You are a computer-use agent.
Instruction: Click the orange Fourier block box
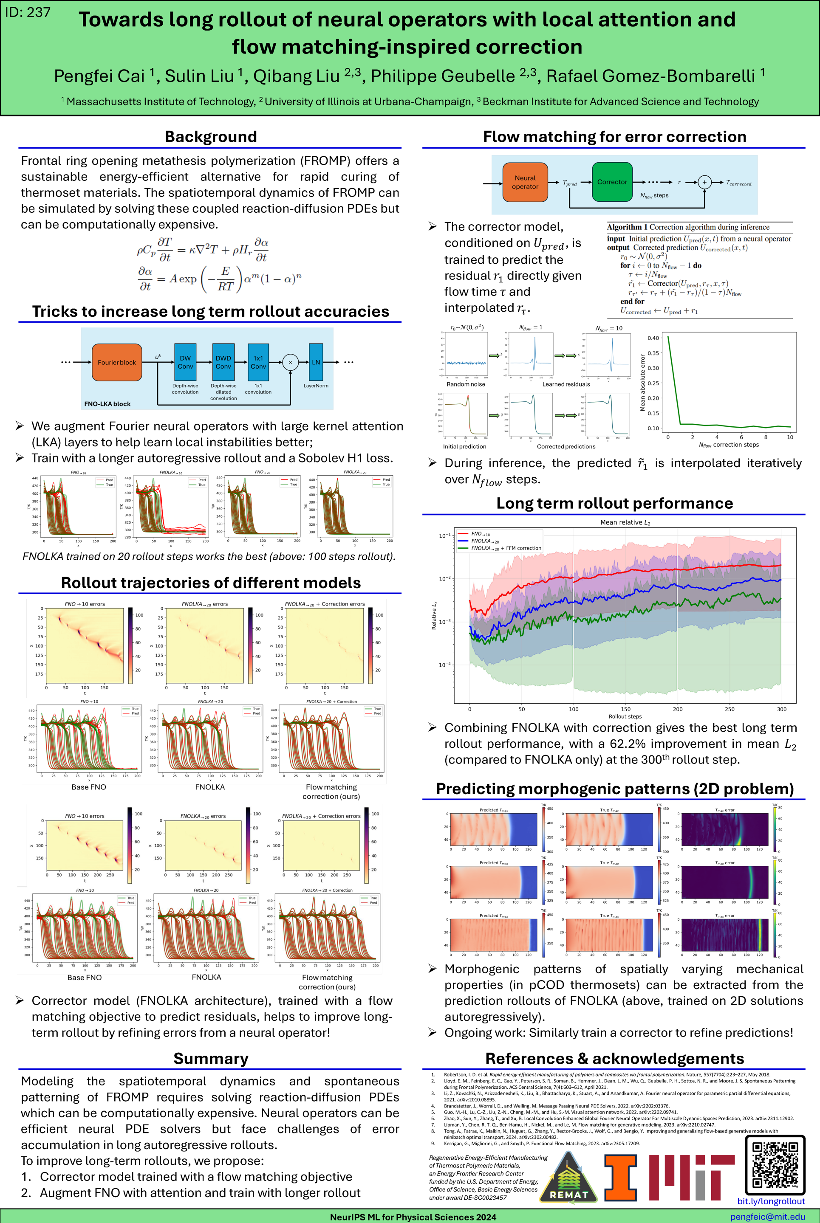[x=116, y=362]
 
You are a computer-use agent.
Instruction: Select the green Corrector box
[x=612, y=182]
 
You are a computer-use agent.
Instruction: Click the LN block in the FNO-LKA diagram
[x=316, y=362]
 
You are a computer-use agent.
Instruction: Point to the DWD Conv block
[x=223, y=362]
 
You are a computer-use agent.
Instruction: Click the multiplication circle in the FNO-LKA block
[x=290, y=362]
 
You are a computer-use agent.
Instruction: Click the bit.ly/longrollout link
[x=770, y=1201]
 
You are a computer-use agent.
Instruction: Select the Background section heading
[x=211, y=136]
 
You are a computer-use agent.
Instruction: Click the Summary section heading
[x=211, y=1058]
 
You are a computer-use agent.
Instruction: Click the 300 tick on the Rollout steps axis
[x=781, y=709]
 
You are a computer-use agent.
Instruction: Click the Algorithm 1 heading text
[x=688, y=227]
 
